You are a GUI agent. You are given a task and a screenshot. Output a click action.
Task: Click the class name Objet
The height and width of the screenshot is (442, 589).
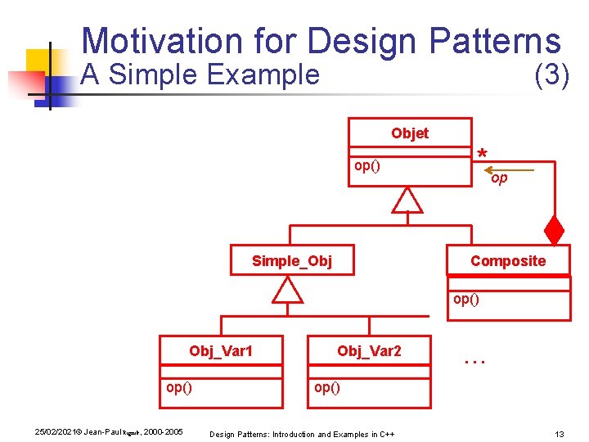coord(409,133)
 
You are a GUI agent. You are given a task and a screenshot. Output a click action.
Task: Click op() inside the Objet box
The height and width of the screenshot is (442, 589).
coord(366,166)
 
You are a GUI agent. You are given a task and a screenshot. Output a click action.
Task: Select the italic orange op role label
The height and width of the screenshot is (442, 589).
coord(499,178)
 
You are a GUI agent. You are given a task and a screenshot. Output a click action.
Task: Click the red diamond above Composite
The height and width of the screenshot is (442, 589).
coord(555,231)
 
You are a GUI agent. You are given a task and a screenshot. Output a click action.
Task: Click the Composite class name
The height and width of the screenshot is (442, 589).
coord(507,261)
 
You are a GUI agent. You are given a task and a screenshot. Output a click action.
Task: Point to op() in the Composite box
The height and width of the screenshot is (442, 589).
coord(466,299)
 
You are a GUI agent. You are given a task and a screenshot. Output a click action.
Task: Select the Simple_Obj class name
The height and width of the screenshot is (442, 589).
coord(291,261)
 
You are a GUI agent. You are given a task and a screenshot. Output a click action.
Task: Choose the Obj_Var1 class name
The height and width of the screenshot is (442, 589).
coord(220,351)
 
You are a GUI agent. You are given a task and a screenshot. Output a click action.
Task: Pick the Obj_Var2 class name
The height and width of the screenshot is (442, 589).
coord(369,351)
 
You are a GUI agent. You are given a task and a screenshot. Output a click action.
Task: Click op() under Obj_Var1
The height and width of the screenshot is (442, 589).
coord(179,387)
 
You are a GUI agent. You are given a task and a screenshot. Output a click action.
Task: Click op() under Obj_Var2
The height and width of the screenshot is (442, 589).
coord(327,387)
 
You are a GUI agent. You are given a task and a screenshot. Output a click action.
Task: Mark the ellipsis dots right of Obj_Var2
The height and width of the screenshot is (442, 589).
coord(474,359)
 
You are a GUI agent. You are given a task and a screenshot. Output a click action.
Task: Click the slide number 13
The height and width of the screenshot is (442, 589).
coord(560,433)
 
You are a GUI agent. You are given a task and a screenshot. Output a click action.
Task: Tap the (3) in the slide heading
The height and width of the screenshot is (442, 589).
coord(551,74)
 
